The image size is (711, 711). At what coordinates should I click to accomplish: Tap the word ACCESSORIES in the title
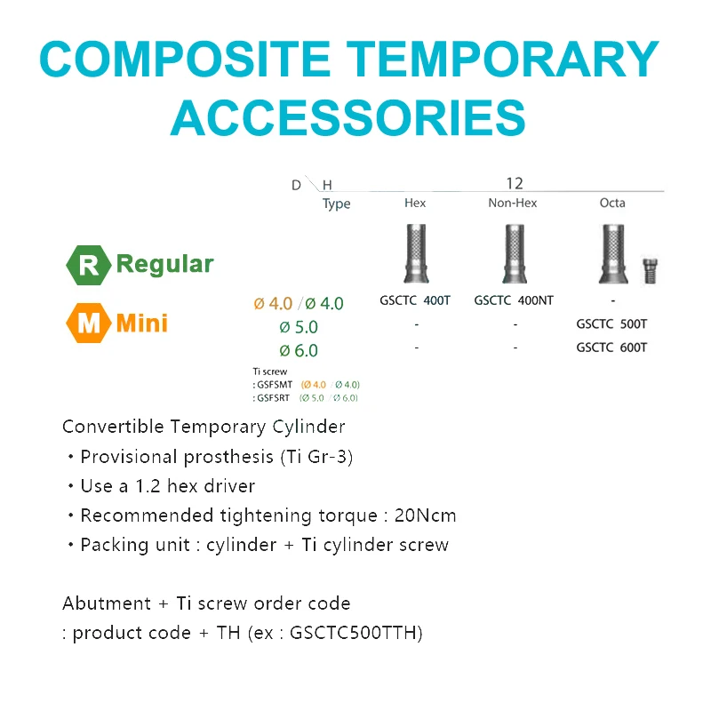coord(348,116)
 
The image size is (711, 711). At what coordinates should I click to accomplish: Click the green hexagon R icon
coord(89,265)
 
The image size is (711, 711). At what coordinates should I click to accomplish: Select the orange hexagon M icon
coord(89,323)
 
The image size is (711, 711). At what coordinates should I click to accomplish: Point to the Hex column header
coord(415,203)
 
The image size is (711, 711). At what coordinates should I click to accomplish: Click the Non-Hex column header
coord(513,203)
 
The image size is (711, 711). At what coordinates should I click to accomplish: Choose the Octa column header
coord(612,203)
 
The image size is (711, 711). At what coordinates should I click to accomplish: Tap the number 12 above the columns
coord(515,183)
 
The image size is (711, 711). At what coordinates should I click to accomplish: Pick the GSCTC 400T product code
coord(415,300)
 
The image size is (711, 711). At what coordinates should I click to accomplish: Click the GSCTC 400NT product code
coord(514,300)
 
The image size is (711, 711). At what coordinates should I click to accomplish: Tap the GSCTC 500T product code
coord(611,324)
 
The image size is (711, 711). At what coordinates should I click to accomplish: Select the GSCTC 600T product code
coord(611,348)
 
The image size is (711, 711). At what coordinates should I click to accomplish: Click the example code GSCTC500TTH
coord(355,633)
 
